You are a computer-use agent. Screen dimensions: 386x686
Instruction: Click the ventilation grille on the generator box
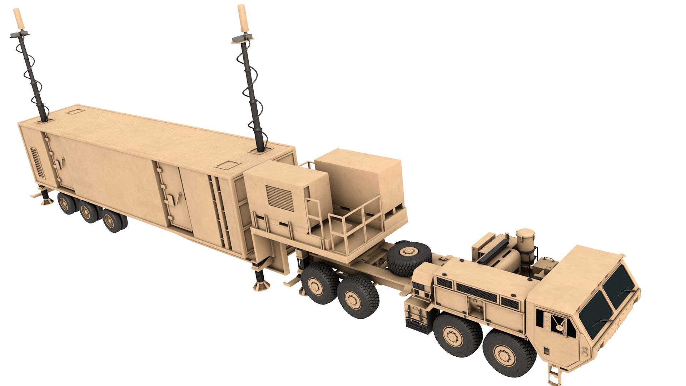tap(280, 197)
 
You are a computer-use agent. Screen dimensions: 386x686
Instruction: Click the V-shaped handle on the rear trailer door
tap(62, 163)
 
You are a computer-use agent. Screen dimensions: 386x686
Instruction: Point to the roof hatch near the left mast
tap(75, 111)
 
